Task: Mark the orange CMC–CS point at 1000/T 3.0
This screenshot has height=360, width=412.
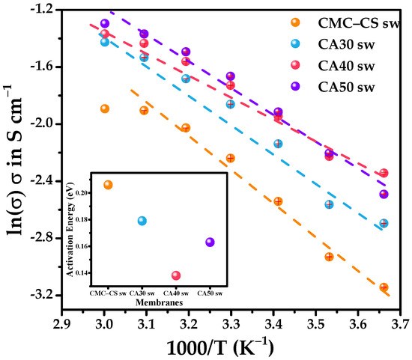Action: pos(105,109)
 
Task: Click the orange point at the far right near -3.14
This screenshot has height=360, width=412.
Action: pos(384,287)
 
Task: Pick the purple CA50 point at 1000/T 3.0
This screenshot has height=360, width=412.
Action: pos(105,24)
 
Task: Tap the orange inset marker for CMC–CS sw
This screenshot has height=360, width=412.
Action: pos(108,185)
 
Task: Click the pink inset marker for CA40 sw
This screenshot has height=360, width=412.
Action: pos(176,275)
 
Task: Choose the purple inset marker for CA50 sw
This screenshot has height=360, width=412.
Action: pos(210,242)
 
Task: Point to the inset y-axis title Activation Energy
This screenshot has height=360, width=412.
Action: pos(81,230)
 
